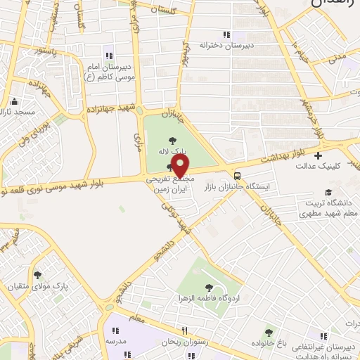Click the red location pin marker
tap(180, 166)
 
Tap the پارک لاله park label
tap(172, 150)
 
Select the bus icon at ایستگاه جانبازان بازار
tap(238, 176)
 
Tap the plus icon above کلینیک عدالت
tap(319, 155)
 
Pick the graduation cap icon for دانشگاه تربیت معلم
tap(328, 192)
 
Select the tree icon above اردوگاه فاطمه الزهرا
tap(209, 286)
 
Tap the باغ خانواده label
tap(269, 343)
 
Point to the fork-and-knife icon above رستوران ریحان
tap(184, 330)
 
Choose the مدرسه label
tap(116, 340)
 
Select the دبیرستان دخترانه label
tap(225, 44)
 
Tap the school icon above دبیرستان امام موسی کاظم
tap(108, 56)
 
